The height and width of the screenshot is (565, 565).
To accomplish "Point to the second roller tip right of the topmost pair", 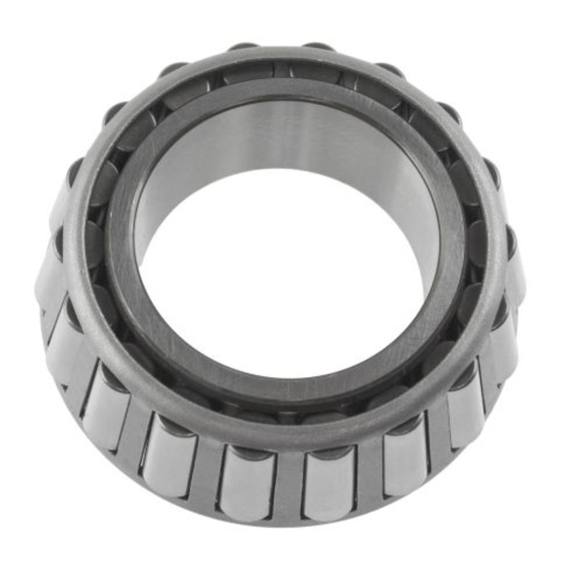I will [448, 113].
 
